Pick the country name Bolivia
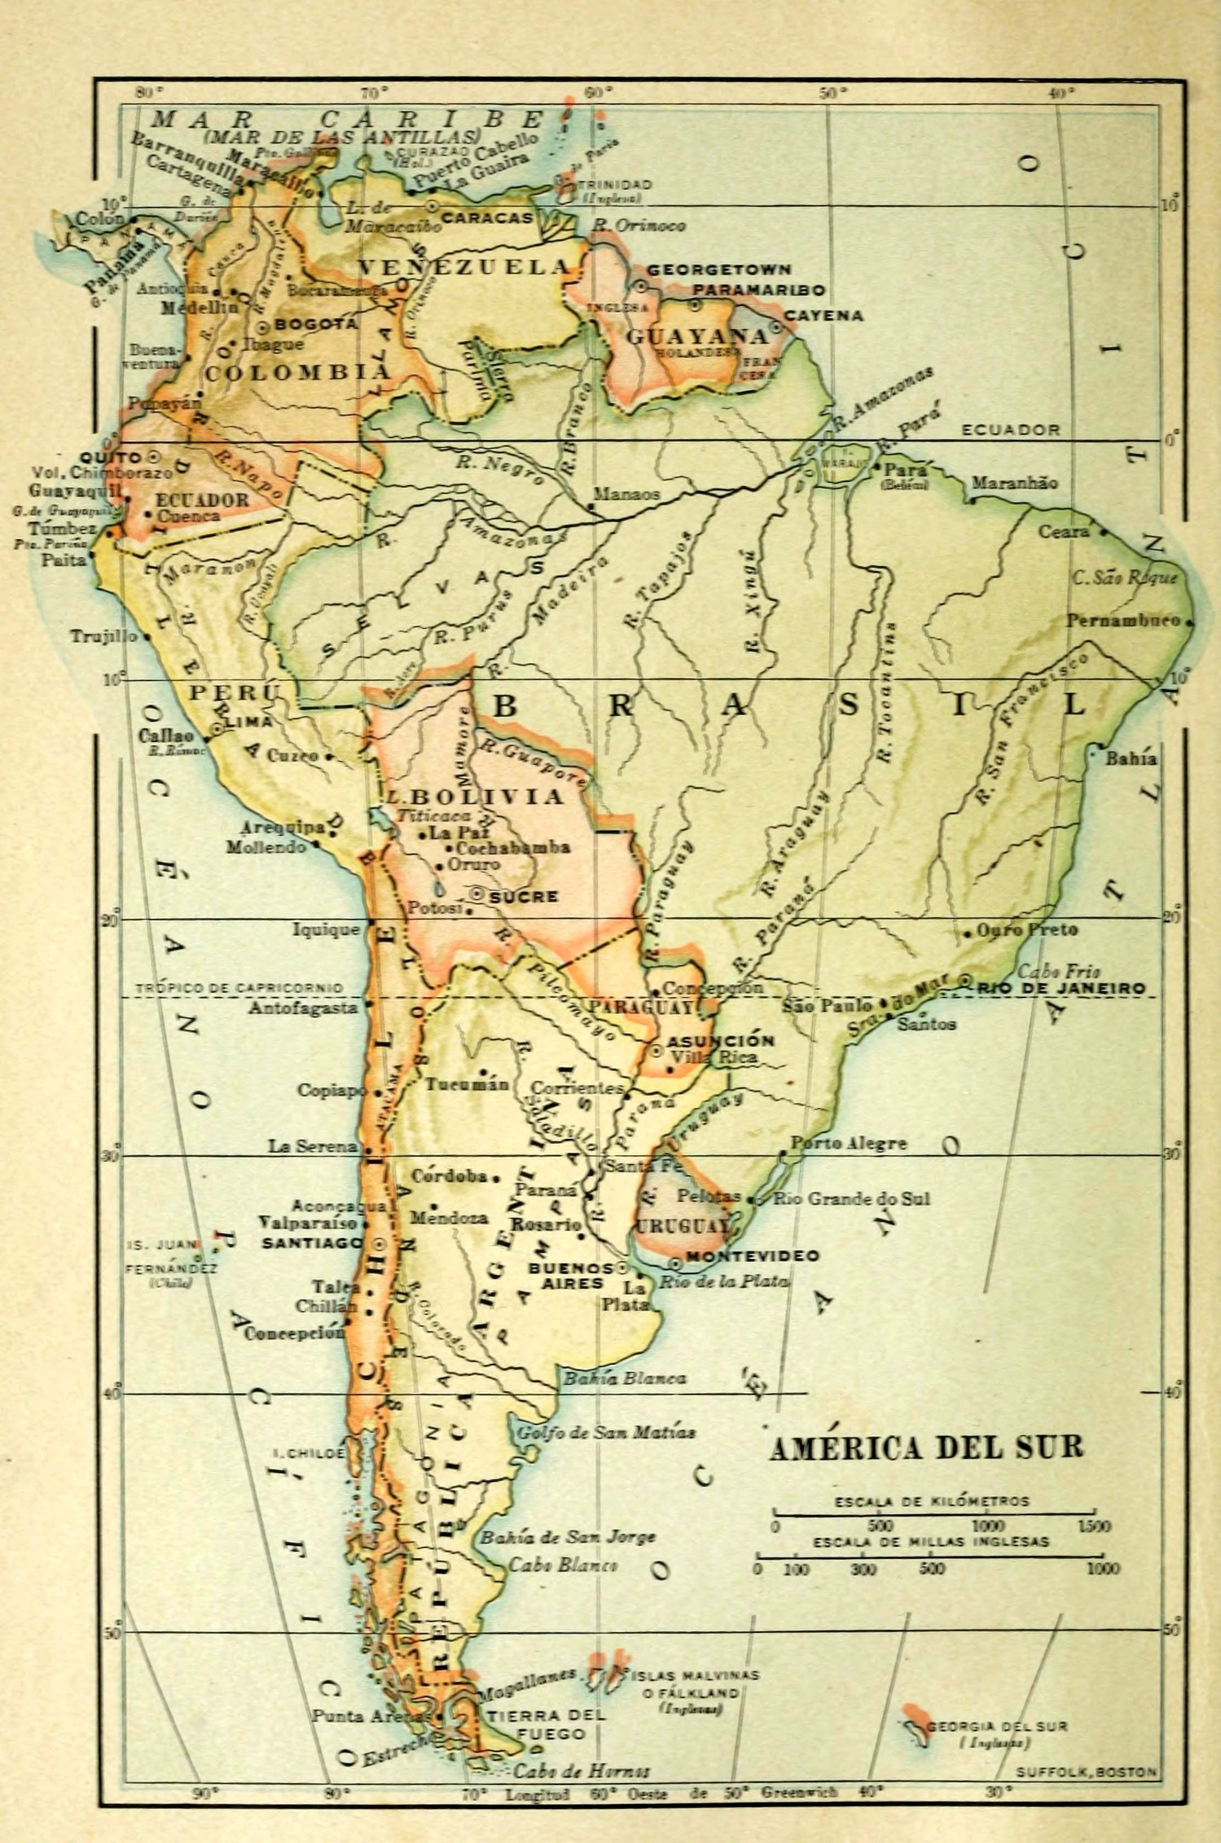(x=481, y=797)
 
